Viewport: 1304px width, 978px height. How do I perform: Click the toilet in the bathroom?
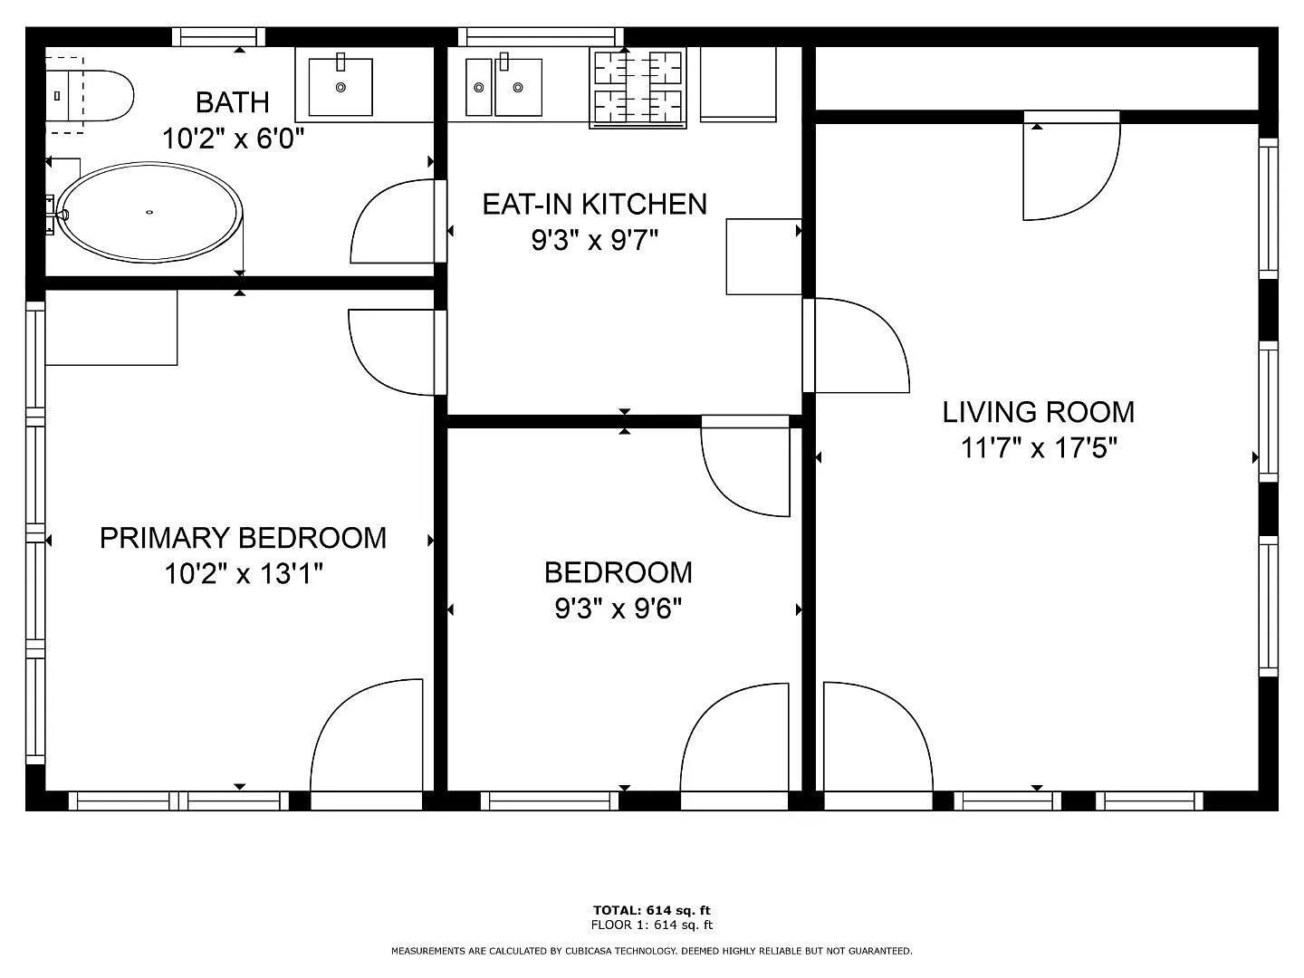pos(91,95)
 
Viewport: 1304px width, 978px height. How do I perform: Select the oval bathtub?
pos(150,212)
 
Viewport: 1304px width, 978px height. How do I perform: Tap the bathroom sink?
pos(340,87)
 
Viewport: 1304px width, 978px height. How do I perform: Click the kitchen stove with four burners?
pos(638,88)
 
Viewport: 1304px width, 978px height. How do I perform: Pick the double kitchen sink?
pos(503,87)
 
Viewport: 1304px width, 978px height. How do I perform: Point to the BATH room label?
pos(233,102)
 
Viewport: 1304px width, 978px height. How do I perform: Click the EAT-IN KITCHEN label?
pos(594,204)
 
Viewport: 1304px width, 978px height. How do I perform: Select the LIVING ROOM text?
pos(1038,412)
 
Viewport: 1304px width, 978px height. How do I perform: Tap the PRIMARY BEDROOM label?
pos(243,538)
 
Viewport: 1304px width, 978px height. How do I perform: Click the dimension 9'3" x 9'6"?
pos(618,609)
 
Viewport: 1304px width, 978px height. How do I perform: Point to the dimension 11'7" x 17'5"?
pos(1039,447)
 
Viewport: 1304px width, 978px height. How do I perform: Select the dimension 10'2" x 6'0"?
pos(233,139)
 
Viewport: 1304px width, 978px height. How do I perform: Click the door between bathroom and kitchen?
pos(395,223)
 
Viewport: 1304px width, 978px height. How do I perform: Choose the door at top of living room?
pos(1070,168)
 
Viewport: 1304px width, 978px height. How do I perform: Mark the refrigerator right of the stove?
pos(738,84)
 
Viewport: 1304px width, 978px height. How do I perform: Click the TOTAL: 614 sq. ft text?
pos(651,910)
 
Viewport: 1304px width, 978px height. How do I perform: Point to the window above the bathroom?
pos(218,37)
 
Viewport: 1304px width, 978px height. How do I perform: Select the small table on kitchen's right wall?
pos(763,256)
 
